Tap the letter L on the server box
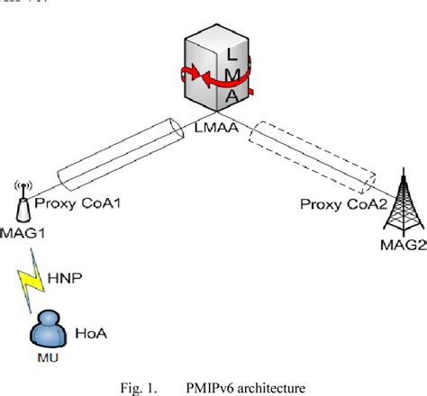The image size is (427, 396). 229,53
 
